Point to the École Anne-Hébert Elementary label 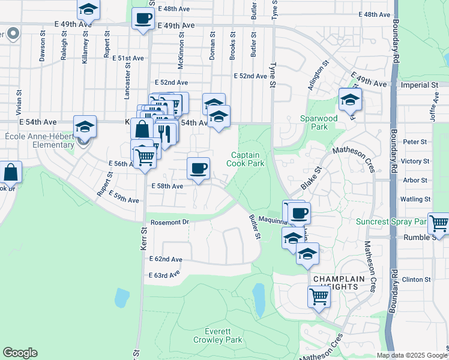[38, 140]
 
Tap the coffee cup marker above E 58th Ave [198, 168]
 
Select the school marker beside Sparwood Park [350, 99]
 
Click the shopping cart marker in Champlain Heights [319, 296]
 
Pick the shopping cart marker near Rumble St [438, 223]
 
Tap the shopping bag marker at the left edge [11, 172]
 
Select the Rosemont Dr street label [169, 222]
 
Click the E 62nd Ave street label [166, 259]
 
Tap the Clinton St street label [417, 280]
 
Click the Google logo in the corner [20, 353]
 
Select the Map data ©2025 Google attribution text [412, 355]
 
